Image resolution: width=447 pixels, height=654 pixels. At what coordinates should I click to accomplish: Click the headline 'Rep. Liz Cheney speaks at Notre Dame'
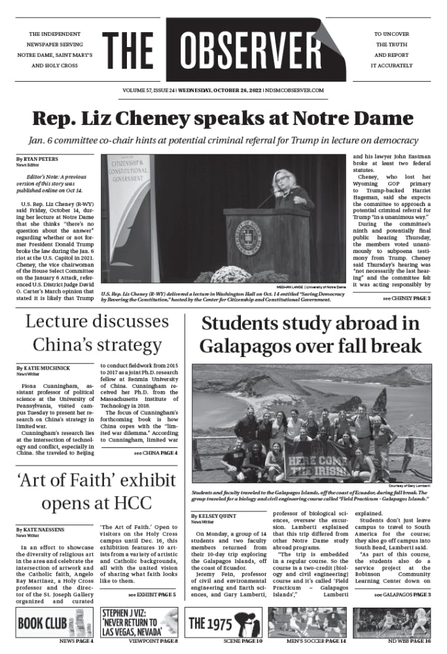click(223, 119)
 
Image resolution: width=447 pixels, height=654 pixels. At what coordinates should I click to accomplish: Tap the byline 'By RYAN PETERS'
click(37, 159)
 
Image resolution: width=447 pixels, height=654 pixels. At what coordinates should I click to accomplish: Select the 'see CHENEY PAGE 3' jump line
click(407, 298)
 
